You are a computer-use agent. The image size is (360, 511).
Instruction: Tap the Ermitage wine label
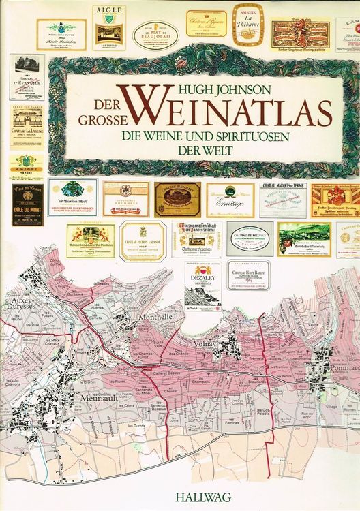[230, 200]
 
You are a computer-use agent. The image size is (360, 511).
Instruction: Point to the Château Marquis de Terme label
[283, 198]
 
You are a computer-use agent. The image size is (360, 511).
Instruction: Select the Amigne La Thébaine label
[247, 25]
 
